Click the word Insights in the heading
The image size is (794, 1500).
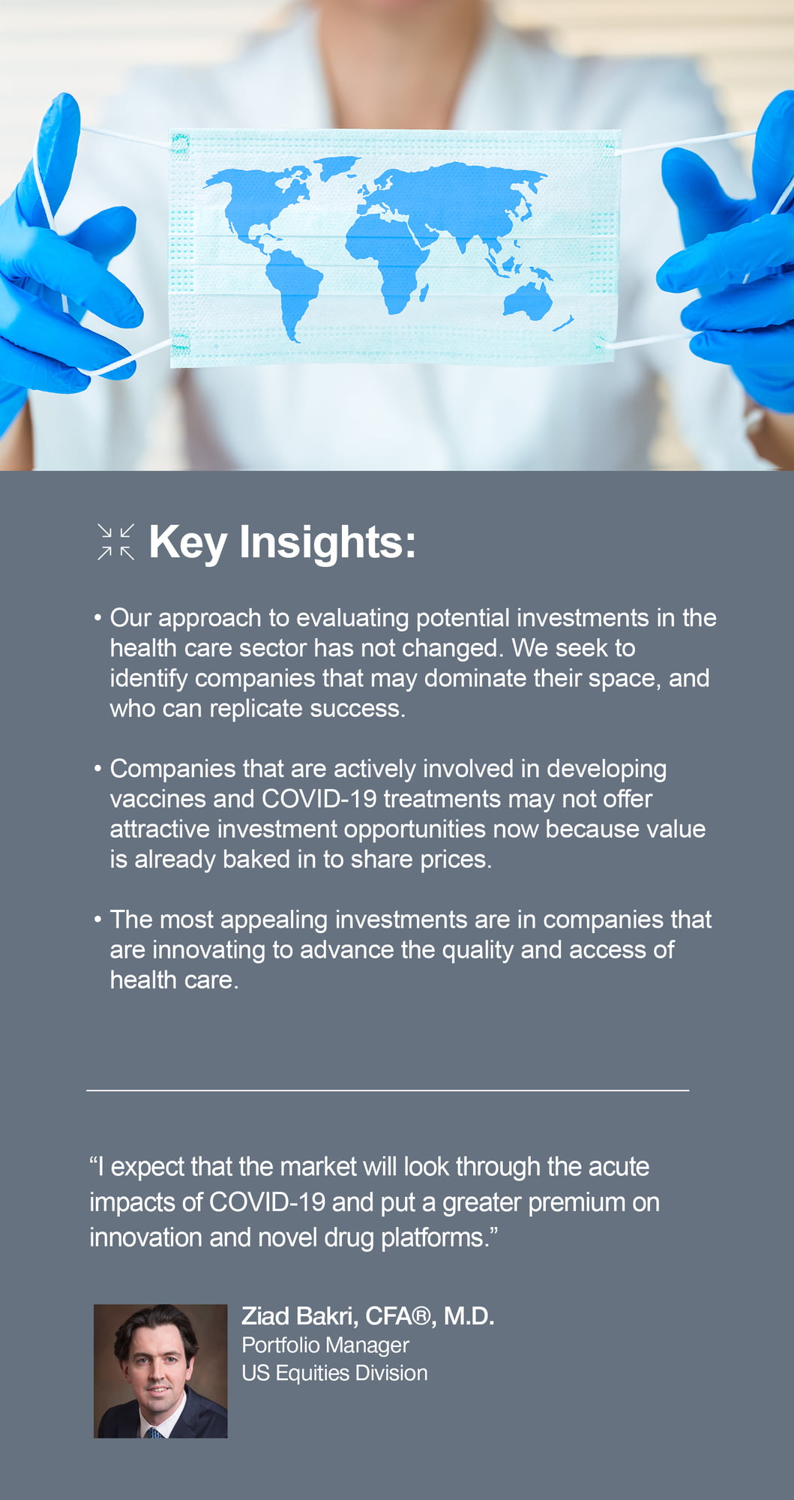327,542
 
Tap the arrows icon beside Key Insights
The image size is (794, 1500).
116,542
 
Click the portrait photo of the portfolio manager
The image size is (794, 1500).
160,1371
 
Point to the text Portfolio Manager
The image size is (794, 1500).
325,1345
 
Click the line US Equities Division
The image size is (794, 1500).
334,1373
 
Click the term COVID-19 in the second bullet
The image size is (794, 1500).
319,799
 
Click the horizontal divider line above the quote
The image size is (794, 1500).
388,1090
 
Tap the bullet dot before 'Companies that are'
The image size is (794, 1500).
97,769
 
